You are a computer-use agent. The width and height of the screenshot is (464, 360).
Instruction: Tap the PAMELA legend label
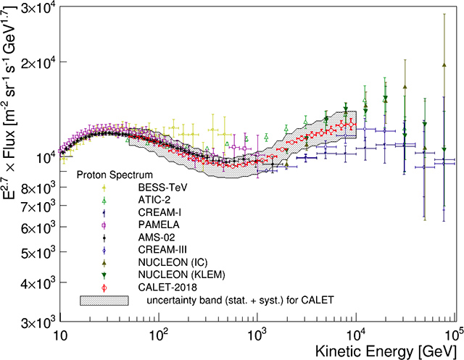click(157, 225)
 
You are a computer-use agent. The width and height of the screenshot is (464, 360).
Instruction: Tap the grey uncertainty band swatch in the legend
click(104, 299)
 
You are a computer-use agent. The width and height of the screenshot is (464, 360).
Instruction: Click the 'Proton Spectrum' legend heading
click(115, 175)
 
